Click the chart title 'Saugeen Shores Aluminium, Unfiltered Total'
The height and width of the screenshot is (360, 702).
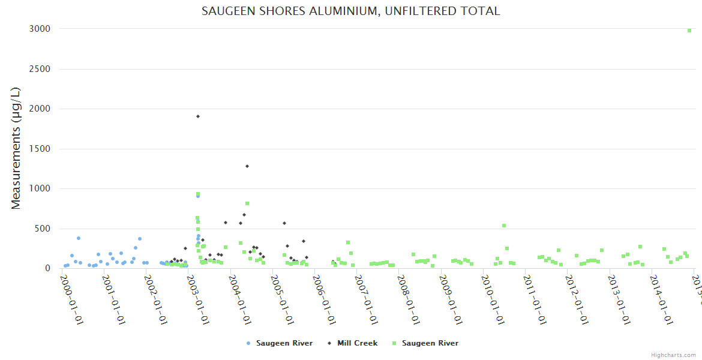pos(350,11)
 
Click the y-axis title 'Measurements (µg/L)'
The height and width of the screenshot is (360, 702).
pos(16,148)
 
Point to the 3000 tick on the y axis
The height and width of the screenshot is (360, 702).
pos(40,29)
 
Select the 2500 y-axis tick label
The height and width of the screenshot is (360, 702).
pos(40,69)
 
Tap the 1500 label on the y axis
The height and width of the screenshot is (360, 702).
pos(40,149)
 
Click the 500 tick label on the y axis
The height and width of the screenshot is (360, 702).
pos(42,229)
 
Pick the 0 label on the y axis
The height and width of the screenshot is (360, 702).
pos(47,268)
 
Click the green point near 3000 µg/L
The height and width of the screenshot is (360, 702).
pos(689,30)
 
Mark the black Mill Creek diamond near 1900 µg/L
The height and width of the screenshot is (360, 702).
pos(198,116)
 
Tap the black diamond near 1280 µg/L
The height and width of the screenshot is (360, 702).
pos(247,166)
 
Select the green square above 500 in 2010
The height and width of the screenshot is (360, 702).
pos(504,226)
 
